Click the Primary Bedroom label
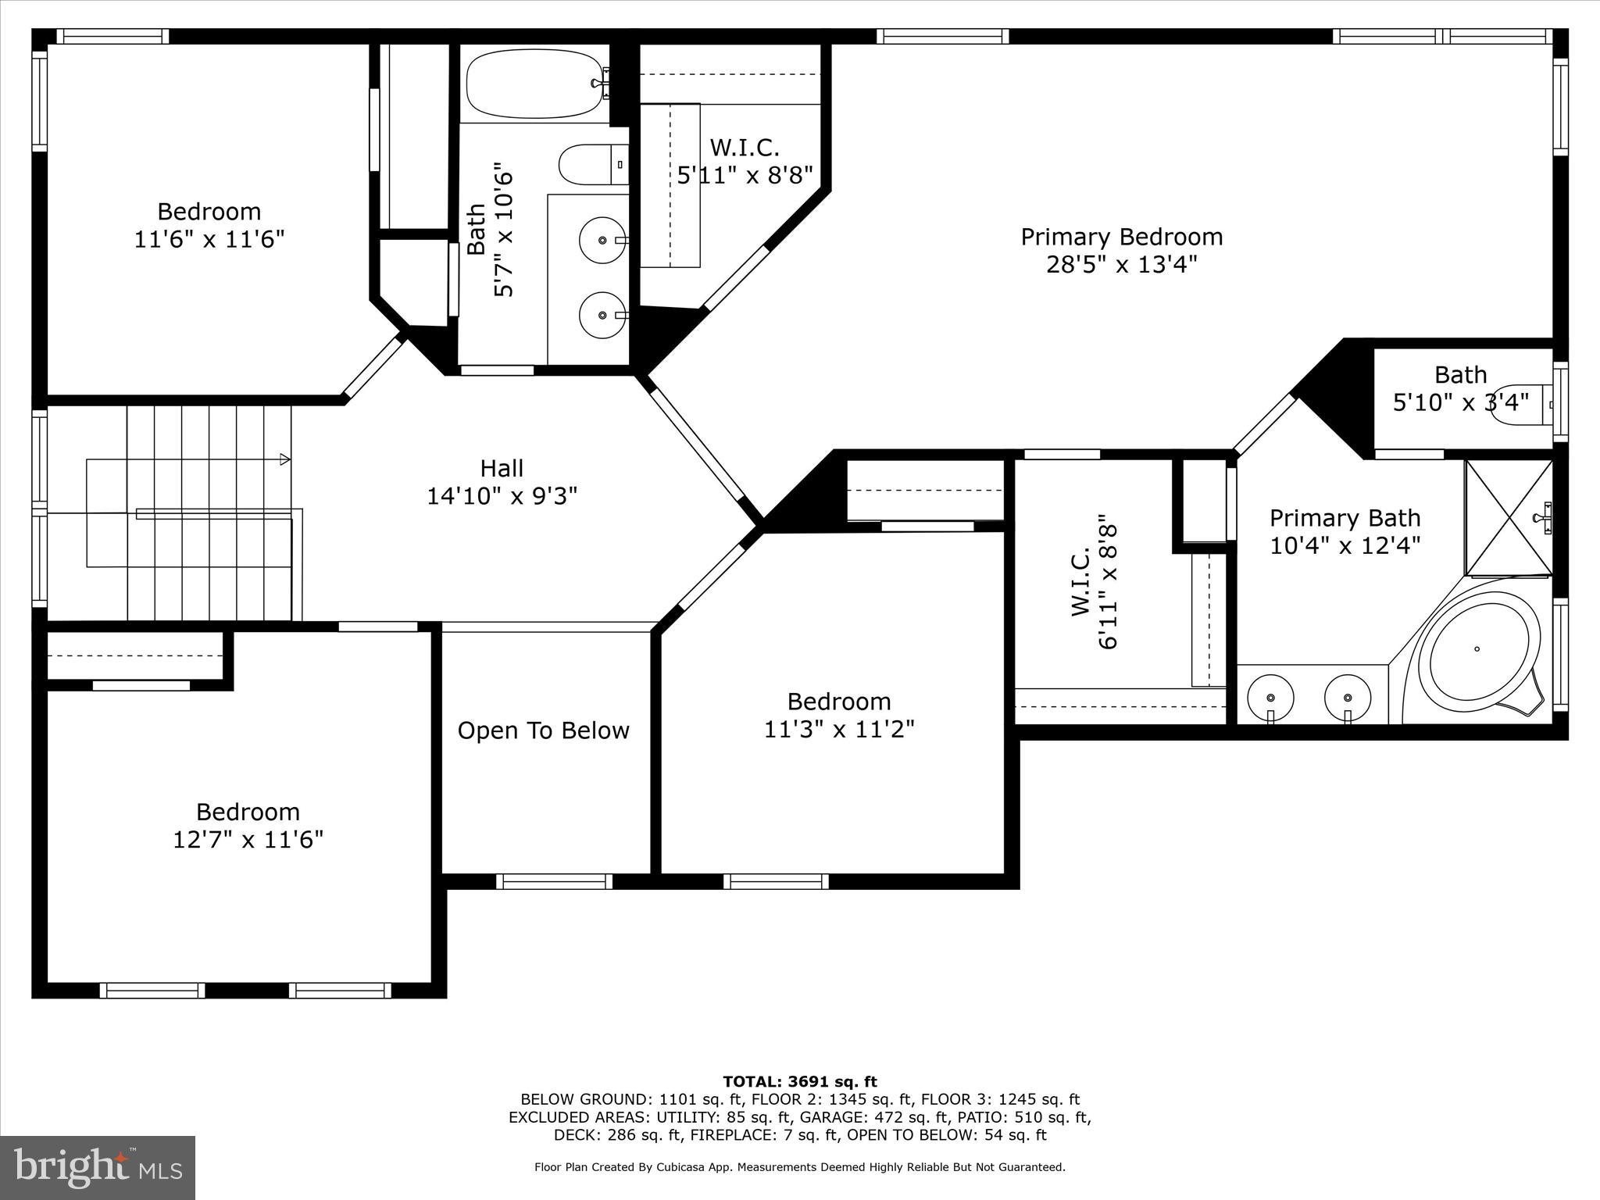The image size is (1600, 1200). click(x=1121, y=237)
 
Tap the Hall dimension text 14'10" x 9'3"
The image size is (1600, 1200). click(x=502, y=496)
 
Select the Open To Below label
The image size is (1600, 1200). click(x=543, y=730)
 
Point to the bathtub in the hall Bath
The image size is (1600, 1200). click(x=535, y=83)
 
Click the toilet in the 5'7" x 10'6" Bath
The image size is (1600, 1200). click(x=592, y=164)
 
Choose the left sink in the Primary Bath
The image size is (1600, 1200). click(x=1270, y=697)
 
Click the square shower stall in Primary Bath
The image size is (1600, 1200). click(x=1508, y=517)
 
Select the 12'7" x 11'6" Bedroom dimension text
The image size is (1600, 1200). click(x=248, y=840)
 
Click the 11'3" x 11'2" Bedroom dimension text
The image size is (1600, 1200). click(x=839, y=729)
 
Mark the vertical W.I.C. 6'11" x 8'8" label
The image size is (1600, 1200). click(x=1094, y=582)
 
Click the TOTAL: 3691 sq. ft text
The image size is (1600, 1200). click(x=799, y=1082)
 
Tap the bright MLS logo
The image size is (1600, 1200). click(x=98, y=1167)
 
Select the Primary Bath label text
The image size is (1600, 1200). click(x=1344, y=518)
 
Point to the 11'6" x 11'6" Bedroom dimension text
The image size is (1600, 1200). click(x=209, y=239)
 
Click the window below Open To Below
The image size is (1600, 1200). click(x=554, y=881)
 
